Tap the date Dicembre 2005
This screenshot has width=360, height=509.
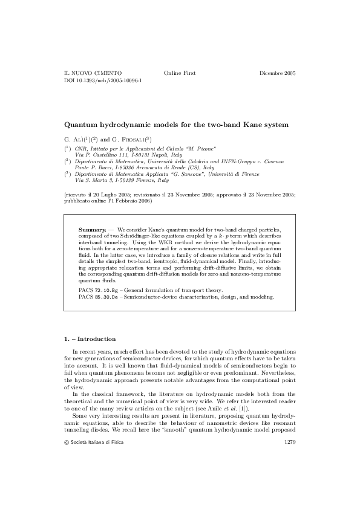point(277,73)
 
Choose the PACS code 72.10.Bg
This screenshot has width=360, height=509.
point(103,291)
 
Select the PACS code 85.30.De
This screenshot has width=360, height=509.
point(103,297)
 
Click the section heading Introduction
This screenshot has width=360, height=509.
point(93,339)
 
